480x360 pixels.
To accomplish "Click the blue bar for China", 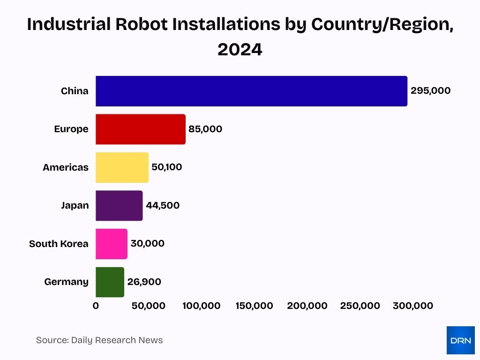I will pyautogui.click(x=251, y=91).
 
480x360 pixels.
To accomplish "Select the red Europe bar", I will pyautogui.click(x=141, y=129).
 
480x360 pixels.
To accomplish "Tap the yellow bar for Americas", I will pyautogui.click(x=122, y=167).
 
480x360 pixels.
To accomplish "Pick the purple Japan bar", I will pyautogui.click(x=119, y=206).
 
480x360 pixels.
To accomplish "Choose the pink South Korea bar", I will pyautogui.click(x=112, y=244).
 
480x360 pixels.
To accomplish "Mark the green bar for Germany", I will pyautogui.click(x=110, y=282).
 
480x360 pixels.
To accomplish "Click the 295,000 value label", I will pyautogui.click(x=430, y=91).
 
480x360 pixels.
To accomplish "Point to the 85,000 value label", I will pyautogui.click(x=205, y=129).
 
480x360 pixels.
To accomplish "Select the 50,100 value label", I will pyautogui.click(x=167, y=167).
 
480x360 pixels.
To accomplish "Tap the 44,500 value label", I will pyautogui.click(x=163, y=206).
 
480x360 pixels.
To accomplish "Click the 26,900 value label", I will pyautogui.click(x=144, y=282).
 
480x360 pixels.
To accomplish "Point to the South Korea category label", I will pyautogui.click(x=59, y=244).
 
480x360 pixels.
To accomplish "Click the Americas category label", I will pyautogui.click(x=65, y=167).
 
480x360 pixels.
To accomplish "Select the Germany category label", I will pyautogui.click(x=66, y=282).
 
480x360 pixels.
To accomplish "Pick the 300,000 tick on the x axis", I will pyautogui.click(x=412, y=306).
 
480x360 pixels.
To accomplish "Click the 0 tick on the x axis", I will pyautogui.click(x=96, y=306).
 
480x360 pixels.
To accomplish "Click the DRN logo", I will pyautogui.click(x=460, y=340).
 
